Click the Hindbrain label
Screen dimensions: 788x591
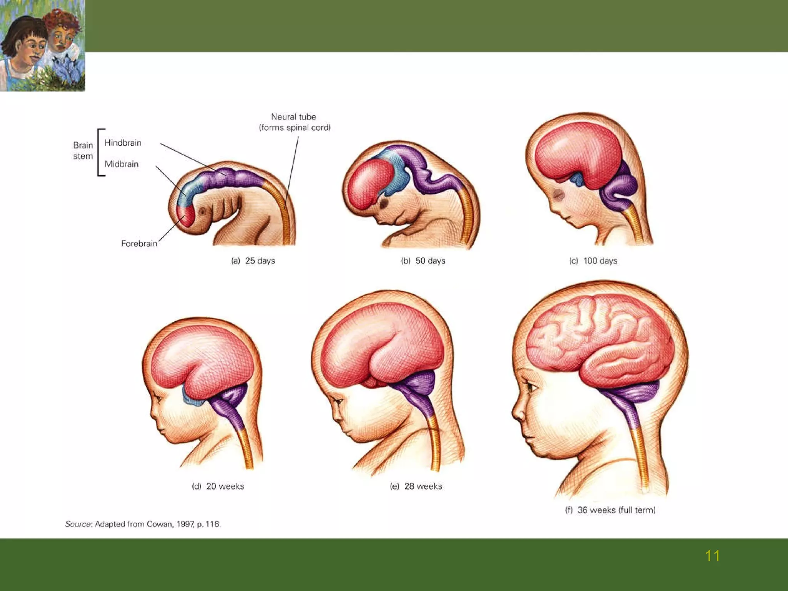click(x=123, y=143)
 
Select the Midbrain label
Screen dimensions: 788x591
click(x=121, y=164)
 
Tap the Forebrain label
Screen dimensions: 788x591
click(x=139, y=244)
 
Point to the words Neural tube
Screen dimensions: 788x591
click(x=294, y=117)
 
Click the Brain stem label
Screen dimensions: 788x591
click(x=83, y=150)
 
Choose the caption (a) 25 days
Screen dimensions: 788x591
click(x=253, y=261)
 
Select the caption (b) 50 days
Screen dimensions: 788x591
click(x=423, y=261)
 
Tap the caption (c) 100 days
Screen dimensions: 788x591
click(x=593, y=261)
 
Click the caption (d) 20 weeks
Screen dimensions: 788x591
click(x=218, y=486)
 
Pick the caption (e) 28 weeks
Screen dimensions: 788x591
click(x=416, y=486)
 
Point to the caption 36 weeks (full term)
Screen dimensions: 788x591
click(x=610, y=510)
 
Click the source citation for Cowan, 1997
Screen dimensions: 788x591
click(x=143, y=524)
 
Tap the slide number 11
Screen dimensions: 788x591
click(x=712, y=556)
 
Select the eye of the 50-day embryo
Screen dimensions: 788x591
click(x=383, y=203)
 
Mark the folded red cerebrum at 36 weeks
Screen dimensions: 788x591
click(x=600, y=339)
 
